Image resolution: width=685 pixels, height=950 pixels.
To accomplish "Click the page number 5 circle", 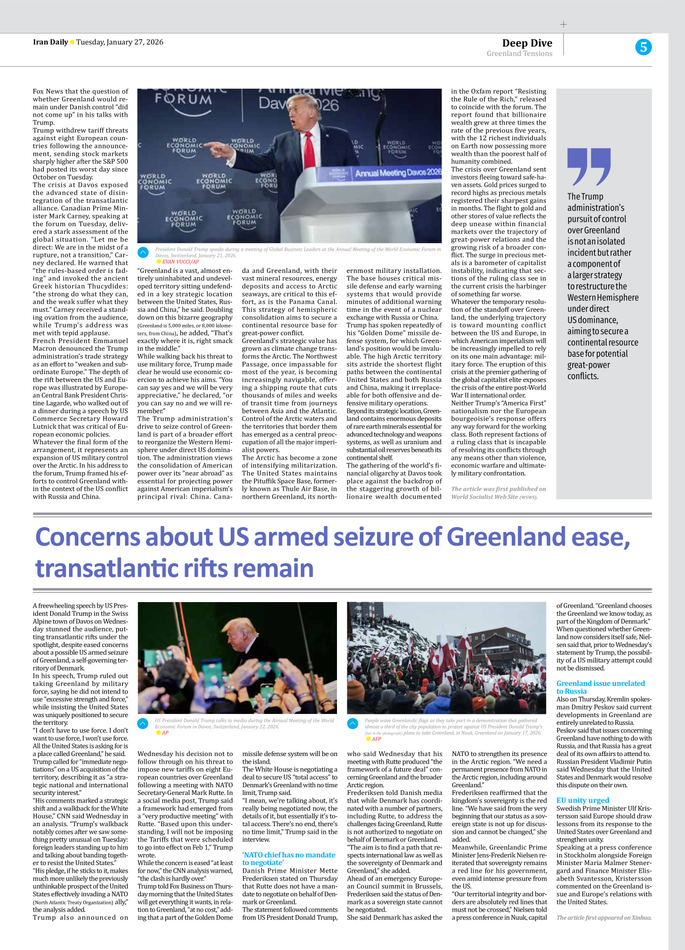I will pyautogui.click(x=643, y=47).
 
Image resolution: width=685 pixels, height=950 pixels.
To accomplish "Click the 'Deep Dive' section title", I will pyautogui.click(x=527, y=43).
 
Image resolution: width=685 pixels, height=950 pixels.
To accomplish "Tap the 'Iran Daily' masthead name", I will pyautogui.click(x=50, y=42).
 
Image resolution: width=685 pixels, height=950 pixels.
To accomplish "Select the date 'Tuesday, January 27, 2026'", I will pyautogui.click(x=119, y=42).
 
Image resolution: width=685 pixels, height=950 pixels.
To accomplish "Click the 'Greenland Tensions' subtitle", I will pyautogui.click(x=519, y=54).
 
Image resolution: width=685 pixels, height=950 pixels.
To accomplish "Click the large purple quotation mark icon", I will pyautogui.click(x=589, y=167).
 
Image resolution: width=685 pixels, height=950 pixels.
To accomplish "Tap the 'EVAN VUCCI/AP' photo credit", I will pyautogui.click(x=180, y=262).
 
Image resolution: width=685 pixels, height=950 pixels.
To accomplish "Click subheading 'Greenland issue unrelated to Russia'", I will pyautogui.click(x=600, y=687).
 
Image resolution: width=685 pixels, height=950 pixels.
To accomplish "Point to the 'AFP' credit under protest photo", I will pyautogui.click(x=376, y=739).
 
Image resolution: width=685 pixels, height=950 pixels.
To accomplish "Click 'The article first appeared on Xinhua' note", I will pyautogui.click(x=603, y=917).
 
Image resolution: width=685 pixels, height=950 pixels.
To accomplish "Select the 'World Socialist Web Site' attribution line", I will pyautogui.click(x=498, y=493).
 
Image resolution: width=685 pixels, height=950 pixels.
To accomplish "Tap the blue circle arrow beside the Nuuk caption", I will pyautogui.click(x=353, y=723).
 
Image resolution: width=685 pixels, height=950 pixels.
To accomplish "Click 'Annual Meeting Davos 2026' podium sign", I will pyautogui.click(x=398, y=173).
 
